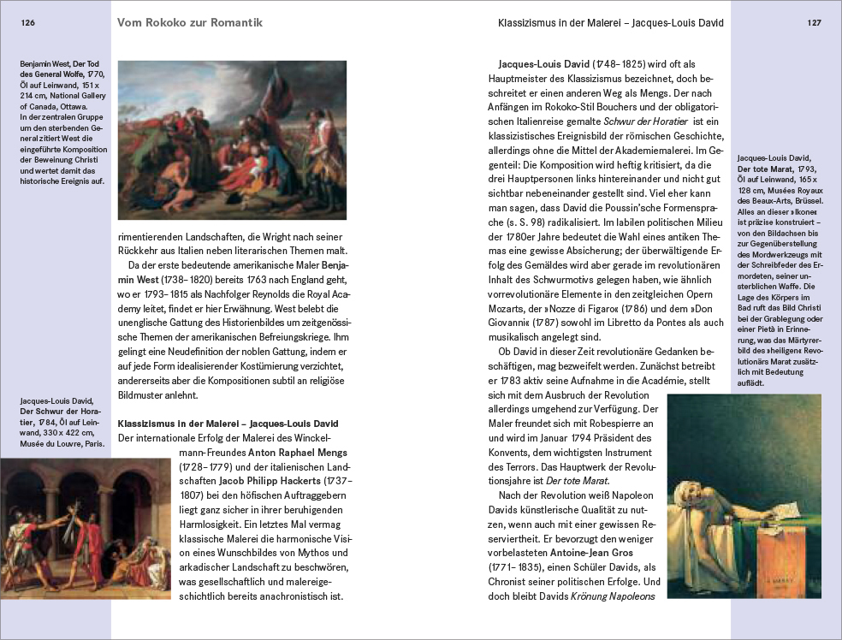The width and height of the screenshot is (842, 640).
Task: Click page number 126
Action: click(27, 23)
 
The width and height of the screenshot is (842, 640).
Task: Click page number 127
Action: click(814, 23)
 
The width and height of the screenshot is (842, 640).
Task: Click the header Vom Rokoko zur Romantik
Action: click(189, 21)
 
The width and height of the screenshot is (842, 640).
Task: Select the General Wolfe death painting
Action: click(231, 140)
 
